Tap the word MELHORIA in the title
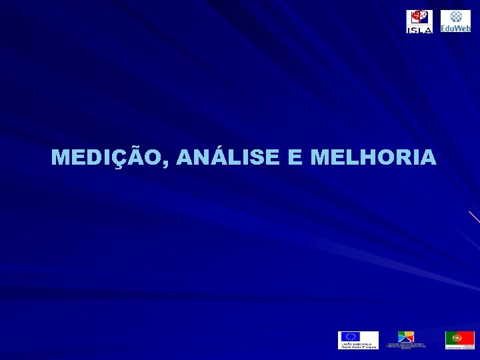tap(373, 158)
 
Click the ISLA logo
tap(419, 21)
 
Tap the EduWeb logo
tap(455, 21)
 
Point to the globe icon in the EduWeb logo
tap(456, 17)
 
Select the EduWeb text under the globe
tap(455, 29)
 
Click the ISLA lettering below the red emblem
tap(419, 29)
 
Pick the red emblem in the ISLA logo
tap(419, 17)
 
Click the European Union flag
tap(349, 337)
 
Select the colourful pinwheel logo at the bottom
tap(406, 337)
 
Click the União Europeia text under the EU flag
tap(357, 345)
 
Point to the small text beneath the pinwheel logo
tap(406, 346)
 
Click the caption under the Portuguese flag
tap(459, 347)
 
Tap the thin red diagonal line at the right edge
tap(474, 216)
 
